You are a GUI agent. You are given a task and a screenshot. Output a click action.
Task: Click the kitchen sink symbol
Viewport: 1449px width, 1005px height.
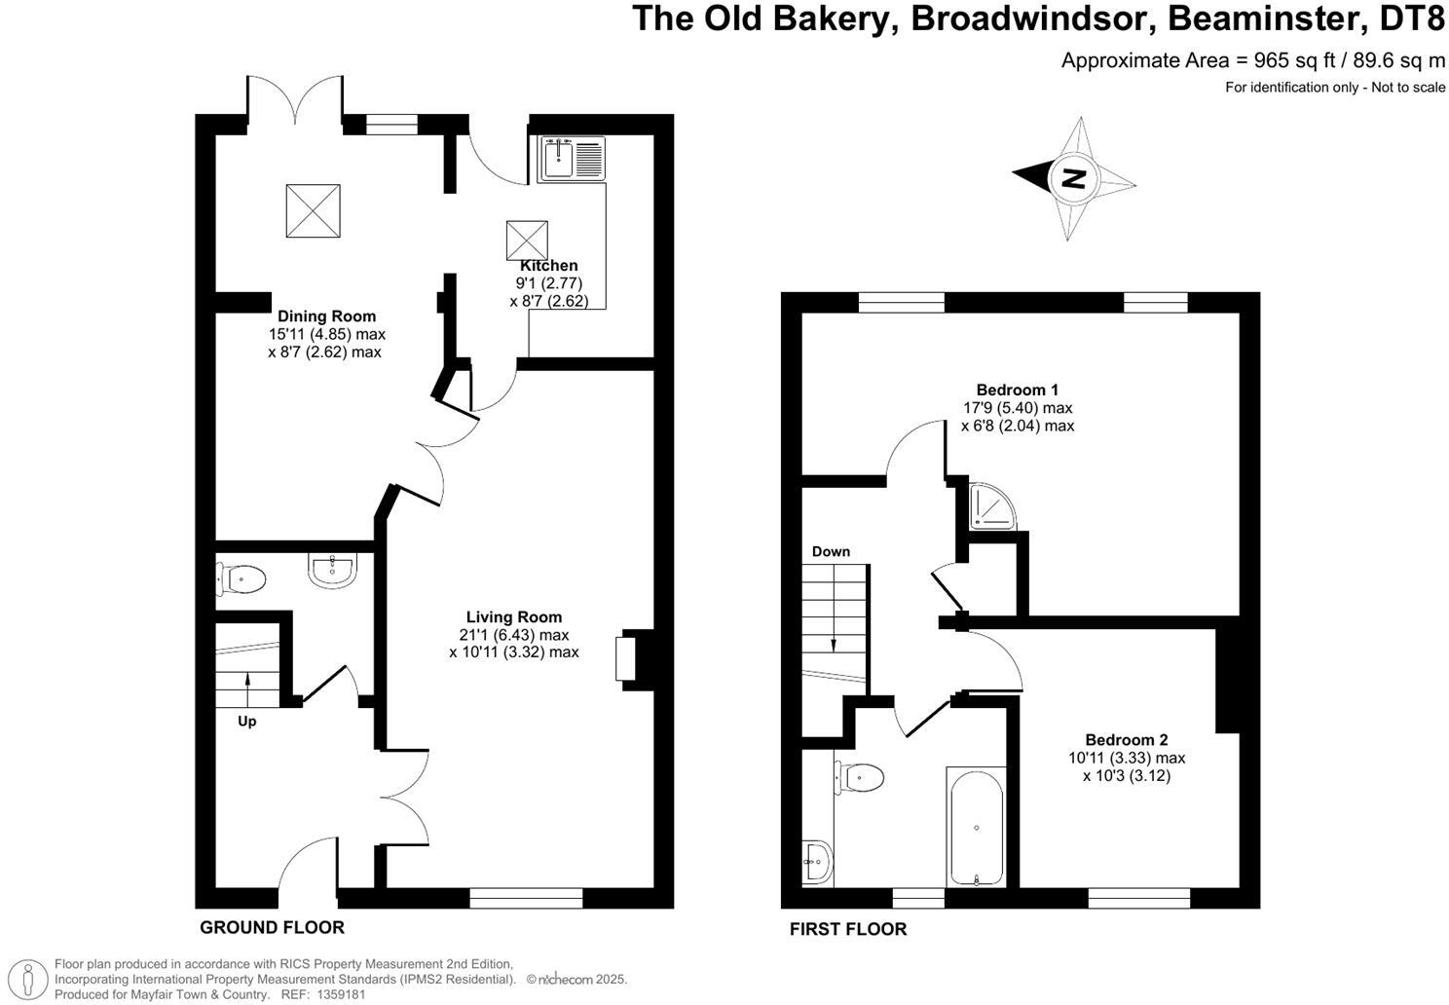572,159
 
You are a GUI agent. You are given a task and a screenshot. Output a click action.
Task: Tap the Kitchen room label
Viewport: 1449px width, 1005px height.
549,266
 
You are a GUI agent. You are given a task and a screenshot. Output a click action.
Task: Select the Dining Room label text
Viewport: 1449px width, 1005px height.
326,316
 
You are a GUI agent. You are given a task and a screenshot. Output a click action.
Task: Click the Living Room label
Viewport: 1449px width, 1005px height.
514,617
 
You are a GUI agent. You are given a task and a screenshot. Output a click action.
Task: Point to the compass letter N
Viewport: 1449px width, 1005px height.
1073,178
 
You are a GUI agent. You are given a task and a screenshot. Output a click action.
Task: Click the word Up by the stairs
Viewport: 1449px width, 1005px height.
247,722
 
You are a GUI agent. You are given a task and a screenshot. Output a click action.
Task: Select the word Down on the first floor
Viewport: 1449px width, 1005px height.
831,552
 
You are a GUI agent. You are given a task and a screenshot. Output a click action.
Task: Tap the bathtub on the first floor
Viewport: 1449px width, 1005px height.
976,826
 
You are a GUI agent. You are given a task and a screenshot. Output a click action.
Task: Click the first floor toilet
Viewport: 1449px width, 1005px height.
861,777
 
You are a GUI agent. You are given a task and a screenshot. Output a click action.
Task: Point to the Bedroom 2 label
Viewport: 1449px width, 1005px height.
1126,740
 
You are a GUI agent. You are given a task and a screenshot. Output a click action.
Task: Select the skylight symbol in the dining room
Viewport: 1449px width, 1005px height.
314,210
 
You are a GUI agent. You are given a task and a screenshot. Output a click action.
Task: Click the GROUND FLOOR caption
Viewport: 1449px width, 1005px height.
272,927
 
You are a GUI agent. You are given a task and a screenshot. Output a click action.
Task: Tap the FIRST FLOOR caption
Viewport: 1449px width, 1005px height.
847,929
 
